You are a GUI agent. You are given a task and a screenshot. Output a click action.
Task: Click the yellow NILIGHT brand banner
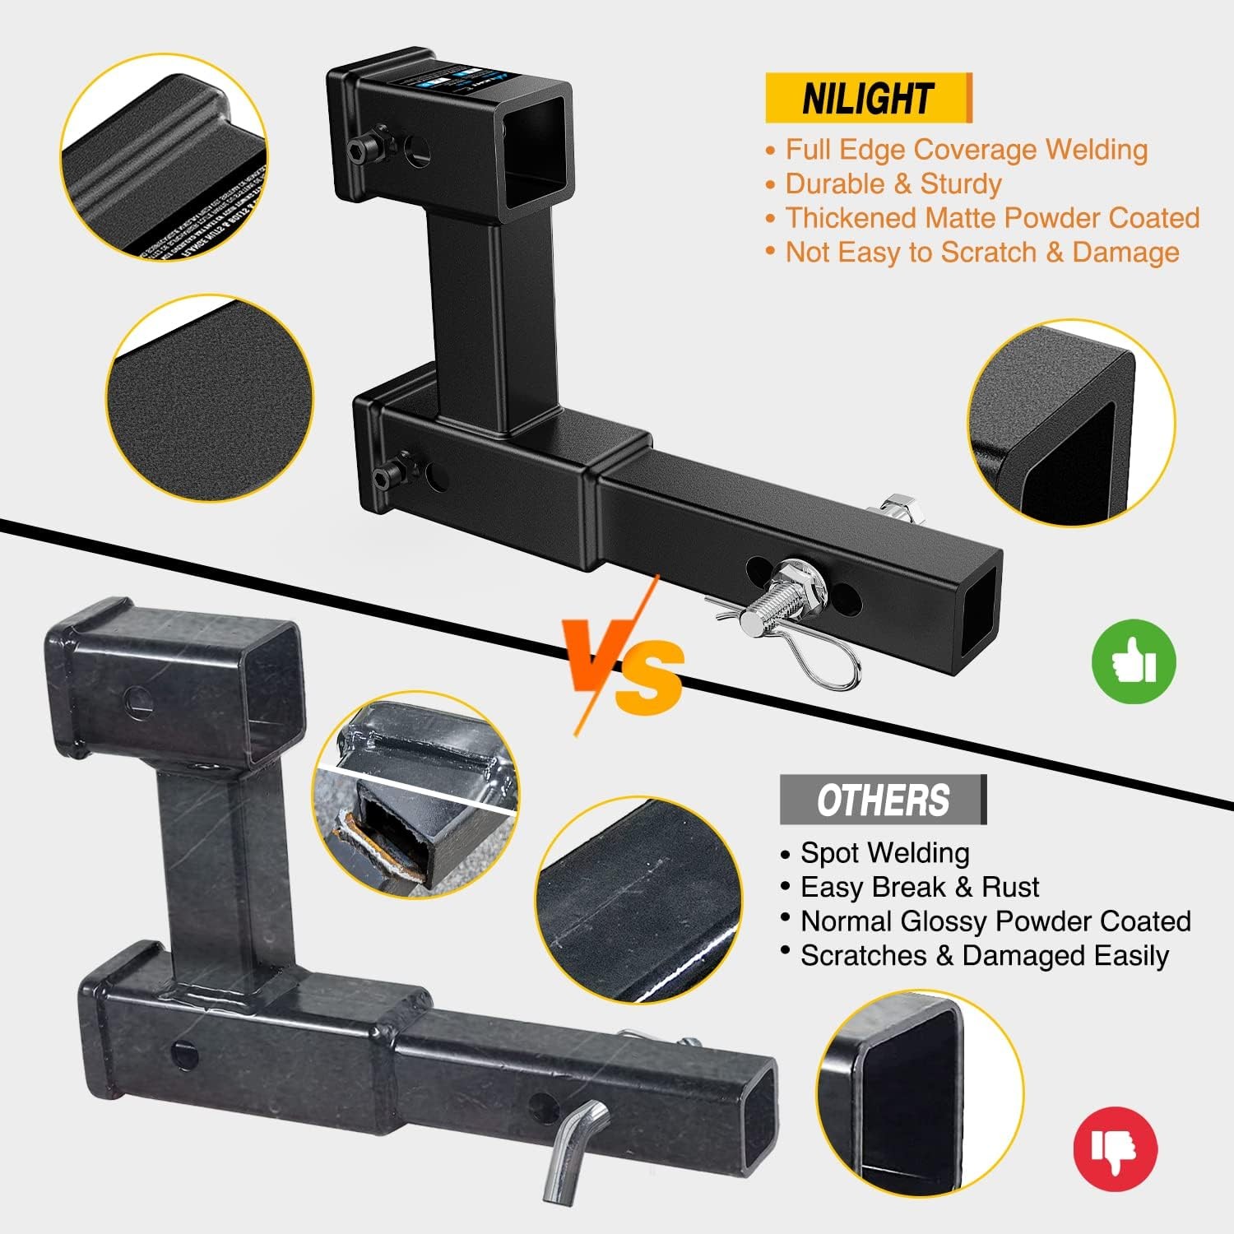click(868, 98)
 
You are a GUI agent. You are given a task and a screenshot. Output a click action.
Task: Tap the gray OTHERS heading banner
click(882, 800)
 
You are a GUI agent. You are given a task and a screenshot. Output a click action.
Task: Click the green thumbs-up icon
click(1134, 661)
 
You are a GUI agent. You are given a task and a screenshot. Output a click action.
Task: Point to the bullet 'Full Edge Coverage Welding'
click(966, 150)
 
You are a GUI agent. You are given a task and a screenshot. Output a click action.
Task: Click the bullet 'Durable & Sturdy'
click(893, 183)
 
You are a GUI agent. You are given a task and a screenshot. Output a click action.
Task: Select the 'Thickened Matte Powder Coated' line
click(991, 218)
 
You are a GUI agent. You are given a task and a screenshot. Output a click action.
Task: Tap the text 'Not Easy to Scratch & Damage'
click(981, 252)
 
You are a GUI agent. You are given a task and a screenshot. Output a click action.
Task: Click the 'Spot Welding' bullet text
click(884, 853)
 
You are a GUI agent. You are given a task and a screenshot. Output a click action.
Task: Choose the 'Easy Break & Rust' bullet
click(919, 887)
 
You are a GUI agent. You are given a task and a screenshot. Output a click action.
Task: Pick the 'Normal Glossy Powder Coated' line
click(995, 921)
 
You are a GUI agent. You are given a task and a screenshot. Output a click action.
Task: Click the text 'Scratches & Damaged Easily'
click(984, 956)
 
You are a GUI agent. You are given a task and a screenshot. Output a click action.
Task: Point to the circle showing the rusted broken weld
click(415, 794)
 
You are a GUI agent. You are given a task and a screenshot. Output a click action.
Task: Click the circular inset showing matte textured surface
click(209, 398)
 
